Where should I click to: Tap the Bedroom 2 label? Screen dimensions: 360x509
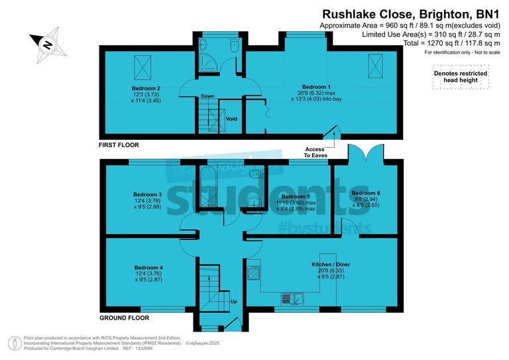click(147, 88)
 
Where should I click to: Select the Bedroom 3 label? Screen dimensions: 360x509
click(147, 194)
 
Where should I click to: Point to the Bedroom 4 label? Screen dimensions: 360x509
click(147, 267)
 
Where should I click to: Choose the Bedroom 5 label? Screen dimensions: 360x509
click(296, 197)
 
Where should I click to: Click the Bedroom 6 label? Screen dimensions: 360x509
click(366, 192)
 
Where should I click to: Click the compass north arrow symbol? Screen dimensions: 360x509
click(46, 45)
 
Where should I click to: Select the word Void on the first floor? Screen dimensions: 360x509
click(231, 119)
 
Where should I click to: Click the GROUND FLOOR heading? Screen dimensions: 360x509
click(124, 318)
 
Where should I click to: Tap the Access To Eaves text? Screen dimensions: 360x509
click(315, 152)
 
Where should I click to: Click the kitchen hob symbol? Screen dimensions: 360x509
click(254, 272)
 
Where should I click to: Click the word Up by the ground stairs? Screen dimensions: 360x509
click(233, 302)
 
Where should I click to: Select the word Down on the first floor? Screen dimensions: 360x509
click(207, 96)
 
